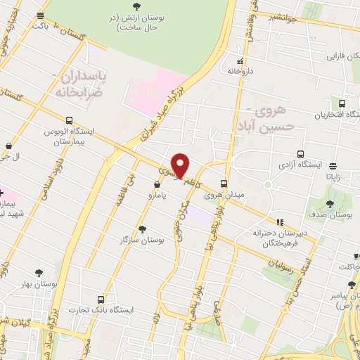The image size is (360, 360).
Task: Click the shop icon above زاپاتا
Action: pos(330,165)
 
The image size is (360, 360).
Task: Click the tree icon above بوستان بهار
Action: pos(37,272)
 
